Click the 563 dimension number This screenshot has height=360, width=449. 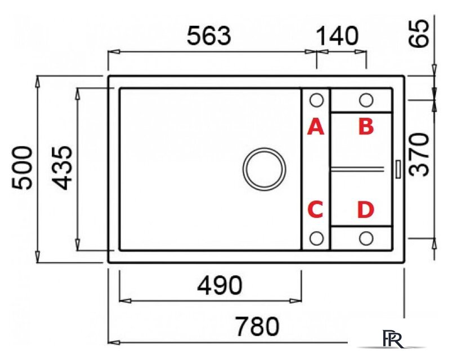[209, 36]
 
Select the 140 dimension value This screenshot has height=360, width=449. [337, 36]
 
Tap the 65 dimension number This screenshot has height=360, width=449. [419, 33]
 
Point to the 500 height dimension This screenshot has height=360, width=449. [22, 168]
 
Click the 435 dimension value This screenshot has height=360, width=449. [62, 168]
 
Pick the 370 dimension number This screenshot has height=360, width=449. [419, 155]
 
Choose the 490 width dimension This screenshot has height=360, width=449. [219, 286]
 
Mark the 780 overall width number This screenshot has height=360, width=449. [257, 326]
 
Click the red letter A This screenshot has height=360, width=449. [316, 127]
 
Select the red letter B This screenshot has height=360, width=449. [366, 127]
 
